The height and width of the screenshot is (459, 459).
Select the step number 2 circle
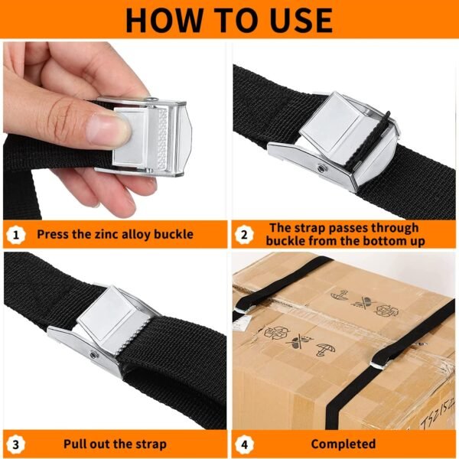244,234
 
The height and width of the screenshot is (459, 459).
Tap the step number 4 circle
244,443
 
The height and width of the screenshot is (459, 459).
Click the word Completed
343,444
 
